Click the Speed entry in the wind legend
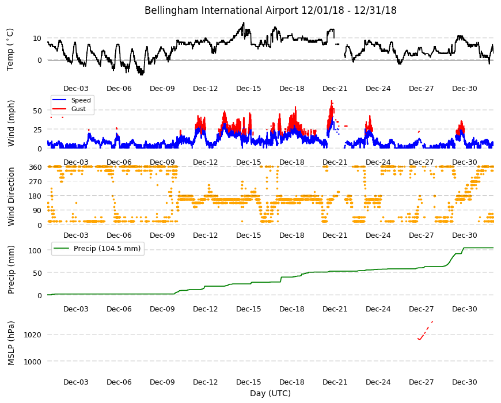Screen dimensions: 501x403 point(81,100)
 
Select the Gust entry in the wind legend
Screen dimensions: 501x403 point(78,109)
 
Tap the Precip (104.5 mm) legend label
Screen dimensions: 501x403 point(107,249)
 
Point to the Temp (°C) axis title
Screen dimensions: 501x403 point(10,49)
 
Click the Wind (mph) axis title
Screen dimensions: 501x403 point(11,123)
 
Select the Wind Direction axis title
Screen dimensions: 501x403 point(11,196)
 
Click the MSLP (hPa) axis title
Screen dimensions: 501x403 point(11,343)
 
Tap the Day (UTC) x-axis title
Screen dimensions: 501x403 point(270,393)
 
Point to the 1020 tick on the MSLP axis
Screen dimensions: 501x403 point(33,334)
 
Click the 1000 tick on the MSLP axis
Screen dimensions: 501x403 point(33,362)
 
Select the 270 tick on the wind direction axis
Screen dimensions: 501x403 point(35,181)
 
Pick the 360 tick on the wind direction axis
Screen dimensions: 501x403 point(35,167)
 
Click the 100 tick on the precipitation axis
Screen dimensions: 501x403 point(35,250)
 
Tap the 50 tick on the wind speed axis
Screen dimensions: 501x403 point(37,111)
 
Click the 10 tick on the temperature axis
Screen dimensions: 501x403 point(37,39)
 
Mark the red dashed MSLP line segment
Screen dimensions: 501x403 point(426,330)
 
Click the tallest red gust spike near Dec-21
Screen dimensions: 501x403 point(332,101)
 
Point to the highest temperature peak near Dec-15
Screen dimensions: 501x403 point(244,23)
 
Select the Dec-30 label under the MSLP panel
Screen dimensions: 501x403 point(464,382)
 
